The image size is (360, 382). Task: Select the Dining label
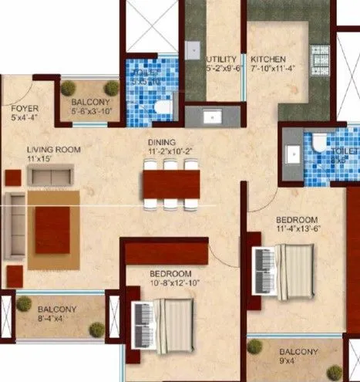pos(163,142)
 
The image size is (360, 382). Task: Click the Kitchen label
pos(267,59)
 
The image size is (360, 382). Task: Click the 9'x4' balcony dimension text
pos(297,360)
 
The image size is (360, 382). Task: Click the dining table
pos(170,183)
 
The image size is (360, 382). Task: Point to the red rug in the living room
pos(52,229)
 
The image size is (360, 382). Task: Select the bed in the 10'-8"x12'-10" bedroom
pos(171,322)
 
